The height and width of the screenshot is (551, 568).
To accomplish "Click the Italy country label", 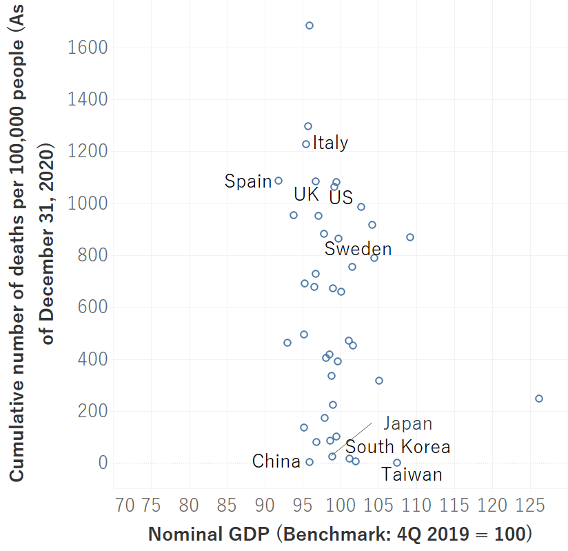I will click(x=330, y=143).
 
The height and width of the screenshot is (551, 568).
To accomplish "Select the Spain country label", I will click(x=248, y=181).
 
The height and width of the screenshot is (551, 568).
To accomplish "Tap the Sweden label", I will click(x=358, y=249).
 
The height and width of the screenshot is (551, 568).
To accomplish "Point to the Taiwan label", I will click(x=412, y=474).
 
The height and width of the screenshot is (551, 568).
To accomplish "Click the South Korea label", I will click(x=398, y=447).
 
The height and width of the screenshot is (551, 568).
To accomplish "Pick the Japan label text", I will click(x=407, y=423).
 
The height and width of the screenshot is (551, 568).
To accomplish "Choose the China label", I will click(x=276, y=461).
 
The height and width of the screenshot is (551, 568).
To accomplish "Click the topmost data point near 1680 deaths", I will click(x=310, y=26).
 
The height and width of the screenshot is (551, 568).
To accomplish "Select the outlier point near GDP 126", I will click(x=539, y=399).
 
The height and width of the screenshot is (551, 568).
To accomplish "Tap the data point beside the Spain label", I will click(x=278, y=181).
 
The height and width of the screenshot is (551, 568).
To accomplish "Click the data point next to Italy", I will click(x=306, y=144).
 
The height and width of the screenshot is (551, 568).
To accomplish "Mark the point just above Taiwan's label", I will click(x=397, y=463).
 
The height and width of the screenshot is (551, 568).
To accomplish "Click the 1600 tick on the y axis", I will click(x=88, y=48).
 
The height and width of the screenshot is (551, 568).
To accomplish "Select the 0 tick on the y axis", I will click(x=103, y=463).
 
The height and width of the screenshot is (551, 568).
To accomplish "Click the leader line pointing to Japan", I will click(x=352, y=437).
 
